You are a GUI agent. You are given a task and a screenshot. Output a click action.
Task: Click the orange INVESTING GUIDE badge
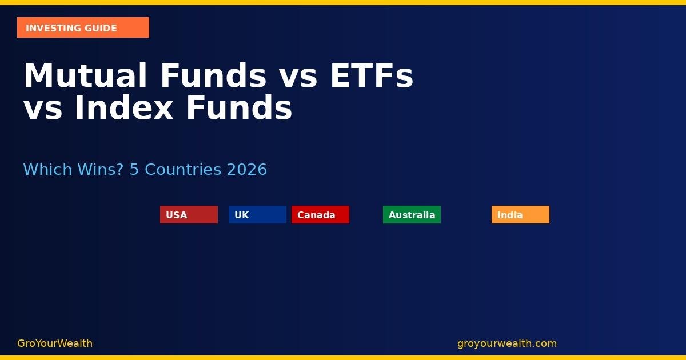pyautogui.click(x=83, y=27)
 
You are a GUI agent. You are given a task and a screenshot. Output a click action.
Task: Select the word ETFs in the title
pyautogui.click(x=371, y=76)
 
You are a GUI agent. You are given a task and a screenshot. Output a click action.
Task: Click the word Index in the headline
pyautogui.click(x=123, y=108)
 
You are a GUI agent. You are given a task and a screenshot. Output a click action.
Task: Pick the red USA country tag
pyautogui.click(x=189, y=215)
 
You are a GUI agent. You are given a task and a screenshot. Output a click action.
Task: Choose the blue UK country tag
pyautogui.click(x=257, y=215)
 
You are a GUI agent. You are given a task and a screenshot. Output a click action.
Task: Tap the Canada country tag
pyautogui.click(x=320, y=215)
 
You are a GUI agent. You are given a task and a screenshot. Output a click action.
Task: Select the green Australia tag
pyautogui.click(x=412, y=215)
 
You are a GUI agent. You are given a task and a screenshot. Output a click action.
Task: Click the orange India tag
pyautogui.click(x=520, y=215)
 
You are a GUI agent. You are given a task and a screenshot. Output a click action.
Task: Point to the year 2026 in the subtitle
pyautogui.click(x=246, y=170)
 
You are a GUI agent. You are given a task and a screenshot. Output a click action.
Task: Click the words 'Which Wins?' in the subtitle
pyautogui.click(x=73, y=170)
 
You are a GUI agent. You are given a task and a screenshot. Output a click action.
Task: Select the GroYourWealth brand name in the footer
pyautogui.click(x=55, y=343)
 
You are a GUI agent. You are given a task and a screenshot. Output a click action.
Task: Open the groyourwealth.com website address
pyautogui.click(x=506, y=343)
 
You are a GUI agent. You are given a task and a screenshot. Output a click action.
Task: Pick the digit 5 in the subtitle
pyautogui.click(x=134, y=170)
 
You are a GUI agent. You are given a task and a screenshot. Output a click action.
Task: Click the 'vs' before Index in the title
pyautogui.click(x=43, y=108)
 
